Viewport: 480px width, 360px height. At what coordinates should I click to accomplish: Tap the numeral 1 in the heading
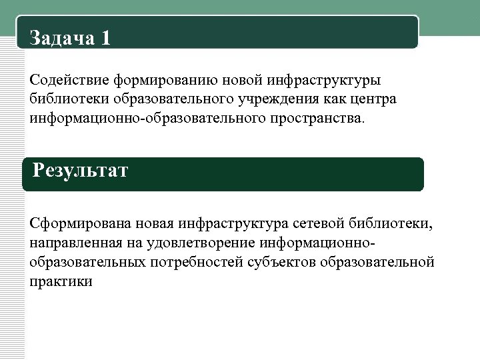click(105, 38)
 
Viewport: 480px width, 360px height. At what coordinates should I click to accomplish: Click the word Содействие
click(69, 81)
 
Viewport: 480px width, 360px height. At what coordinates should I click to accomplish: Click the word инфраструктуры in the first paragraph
click(324, 81)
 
